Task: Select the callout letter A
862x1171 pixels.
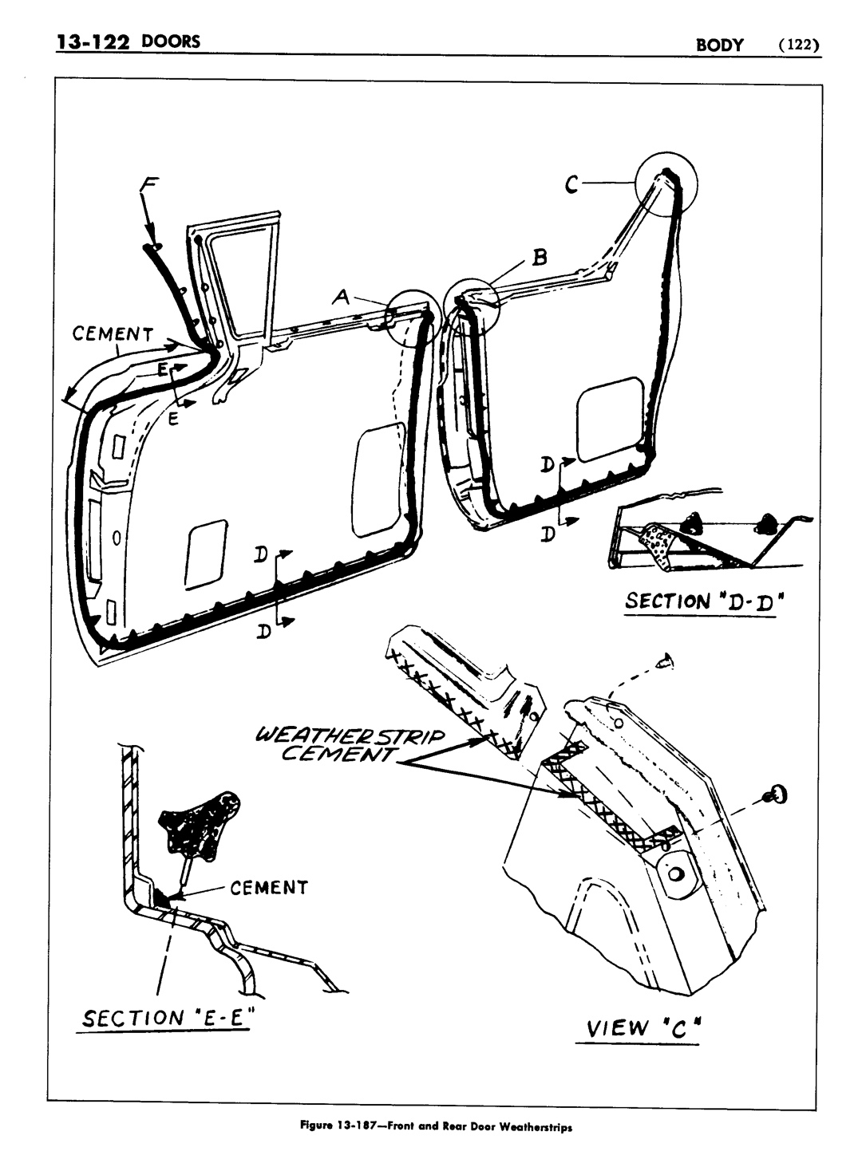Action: click(x=341, y=297)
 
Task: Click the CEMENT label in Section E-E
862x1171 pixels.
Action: click(x=269, y=888)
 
